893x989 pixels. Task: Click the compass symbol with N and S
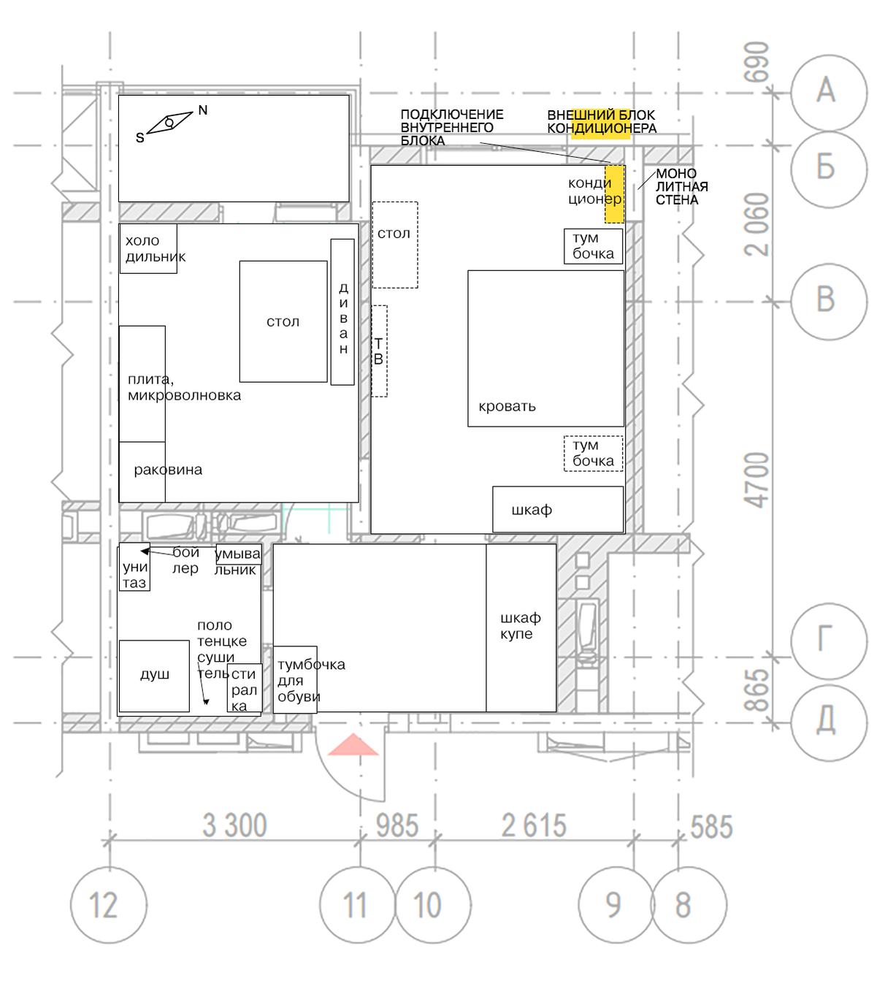coord(169,122)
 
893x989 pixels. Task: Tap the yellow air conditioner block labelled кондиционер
coord(614,194)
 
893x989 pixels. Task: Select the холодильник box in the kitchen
coord(148,248)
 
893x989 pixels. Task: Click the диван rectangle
coord(342,312)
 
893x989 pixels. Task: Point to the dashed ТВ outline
coord(379,351)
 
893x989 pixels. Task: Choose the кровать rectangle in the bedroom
coord(545,348)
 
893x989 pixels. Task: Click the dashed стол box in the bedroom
coord(395,245)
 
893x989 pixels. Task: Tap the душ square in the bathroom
coord(154,676)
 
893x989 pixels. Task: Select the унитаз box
coord(134,567)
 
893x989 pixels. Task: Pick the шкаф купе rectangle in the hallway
coord(521,627)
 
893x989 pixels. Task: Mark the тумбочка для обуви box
coord(295,679)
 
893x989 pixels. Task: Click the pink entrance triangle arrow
coord(353,744)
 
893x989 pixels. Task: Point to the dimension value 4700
coord(756,480)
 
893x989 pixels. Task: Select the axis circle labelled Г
coord(829,641)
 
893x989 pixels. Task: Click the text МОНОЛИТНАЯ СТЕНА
coord(681,186)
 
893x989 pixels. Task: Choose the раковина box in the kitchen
coord(142,472)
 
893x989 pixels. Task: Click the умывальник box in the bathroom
coord(238,554)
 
